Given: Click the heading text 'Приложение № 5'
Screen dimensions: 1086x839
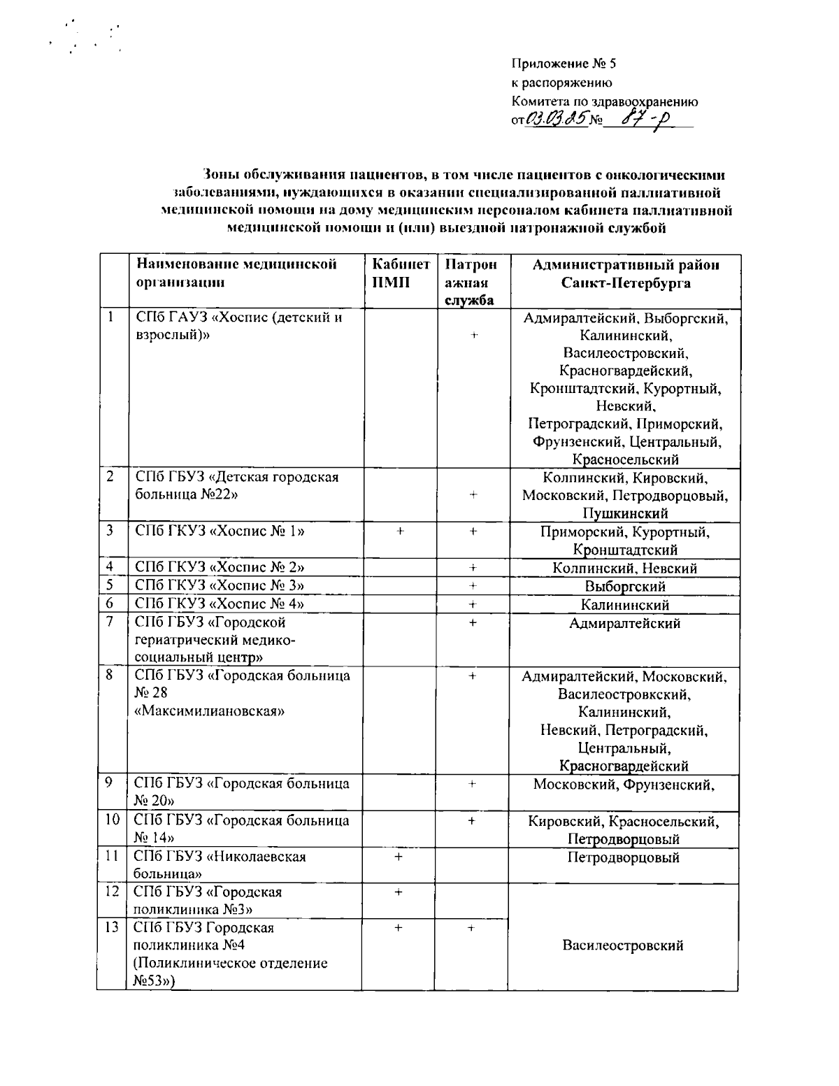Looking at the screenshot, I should pyautogui.click(x=564, y=64).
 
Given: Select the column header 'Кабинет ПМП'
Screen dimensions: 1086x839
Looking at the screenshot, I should pyautogui.click(x=401, y=273).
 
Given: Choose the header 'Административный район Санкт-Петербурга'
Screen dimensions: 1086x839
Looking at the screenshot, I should pyautogui.click(x=625, y=273).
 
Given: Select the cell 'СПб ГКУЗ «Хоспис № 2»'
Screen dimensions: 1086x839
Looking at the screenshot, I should pyautogui.click(x=220, y=567).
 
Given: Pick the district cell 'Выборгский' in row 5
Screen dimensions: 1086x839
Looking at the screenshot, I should pyautogui.click(x=625, y=586).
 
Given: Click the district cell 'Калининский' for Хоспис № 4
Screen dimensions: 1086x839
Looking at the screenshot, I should pyautogui.click(x=625, y=604).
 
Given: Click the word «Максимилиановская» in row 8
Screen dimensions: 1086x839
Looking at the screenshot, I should pyautogui.click(x=210, y=711).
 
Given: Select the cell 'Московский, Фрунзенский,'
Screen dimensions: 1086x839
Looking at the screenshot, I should pyautogui.click(x=624, y=785).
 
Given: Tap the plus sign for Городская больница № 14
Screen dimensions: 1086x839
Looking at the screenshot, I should pyautogui.click(x=472, y=820).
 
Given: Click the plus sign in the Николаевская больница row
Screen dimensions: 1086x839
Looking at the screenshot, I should pyautogui.click(x=398, y=856).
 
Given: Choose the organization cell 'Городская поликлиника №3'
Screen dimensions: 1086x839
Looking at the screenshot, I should pyautogui.click(x=208, y=901).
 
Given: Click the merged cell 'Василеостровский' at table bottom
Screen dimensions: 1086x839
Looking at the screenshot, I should pyautogui.click(x=623, y=945).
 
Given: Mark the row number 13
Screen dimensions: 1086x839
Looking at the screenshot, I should pyautogui.click(x=111, y=928).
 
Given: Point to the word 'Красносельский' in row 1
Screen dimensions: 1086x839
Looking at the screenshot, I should pyautogui.click(x=625, y=459).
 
